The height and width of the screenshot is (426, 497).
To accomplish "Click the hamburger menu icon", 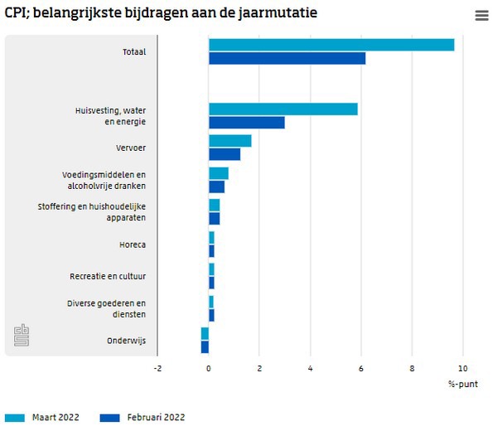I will (x=481, y=16).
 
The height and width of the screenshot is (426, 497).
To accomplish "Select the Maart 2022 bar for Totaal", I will (x=331, y=45).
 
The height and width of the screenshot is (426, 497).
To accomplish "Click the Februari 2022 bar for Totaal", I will (x=287, y=58).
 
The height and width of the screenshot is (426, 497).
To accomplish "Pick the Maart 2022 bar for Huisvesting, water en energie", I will (x=282, y=109).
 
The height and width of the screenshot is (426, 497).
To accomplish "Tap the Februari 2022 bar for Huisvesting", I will (x=246, y=123).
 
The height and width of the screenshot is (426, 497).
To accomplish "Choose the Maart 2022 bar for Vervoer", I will (x=229, y=141).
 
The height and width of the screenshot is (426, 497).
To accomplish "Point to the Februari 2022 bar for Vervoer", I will (x=224, y=154).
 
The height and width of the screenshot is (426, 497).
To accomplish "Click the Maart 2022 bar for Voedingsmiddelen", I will (x=218, y=173).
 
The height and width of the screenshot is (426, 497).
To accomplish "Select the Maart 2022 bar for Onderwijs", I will (x=205, y=333).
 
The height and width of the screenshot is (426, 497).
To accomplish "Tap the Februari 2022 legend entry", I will (x=141, y=417).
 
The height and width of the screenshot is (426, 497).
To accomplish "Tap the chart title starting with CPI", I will (x=161, y=13).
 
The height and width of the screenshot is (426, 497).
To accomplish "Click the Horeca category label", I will (x=133, y=244).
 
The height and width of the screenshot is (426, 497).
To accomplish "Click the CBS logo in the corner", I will (x=22, y=336).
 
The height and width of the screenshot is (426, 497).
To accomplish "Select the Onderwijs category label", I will (x=126, y=341).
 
